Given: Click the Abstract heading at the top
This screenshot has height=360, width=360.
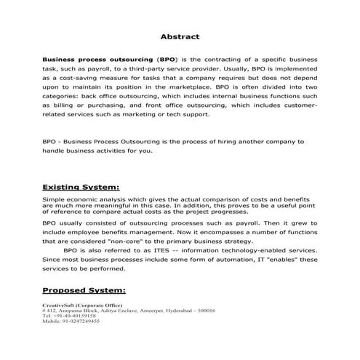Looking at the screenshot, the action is coord(180,36).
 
